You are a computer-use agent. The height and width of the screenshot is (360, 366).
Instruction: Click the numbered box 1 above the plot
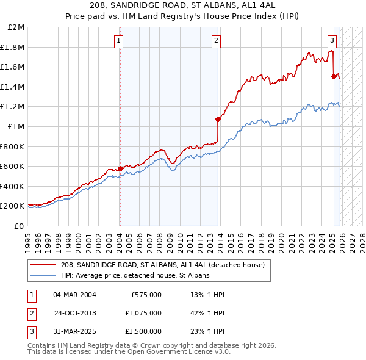click(118, 41)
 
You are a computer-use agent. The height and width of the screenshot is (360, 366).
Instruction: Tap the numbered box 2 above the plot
click(216, 41)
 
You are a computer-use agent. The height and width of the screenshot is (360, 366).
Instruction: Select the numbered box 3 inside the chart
click(331, 41)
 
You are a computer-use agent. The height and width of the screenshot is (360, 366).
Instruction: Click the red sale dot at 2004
click(120, 168)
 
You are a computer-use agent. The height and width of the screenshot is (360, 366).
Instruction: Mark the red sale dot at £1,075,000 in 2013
click(218, 119)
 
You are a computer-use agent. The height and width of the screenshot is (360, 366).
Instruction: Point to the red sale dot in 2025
click(334, 76)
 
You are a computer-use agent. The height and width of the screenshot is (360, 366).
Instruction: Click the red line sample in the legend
click(44, 265)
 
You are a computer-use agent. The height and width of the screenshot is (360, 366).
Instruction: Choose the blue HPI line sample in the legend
click(44, 276)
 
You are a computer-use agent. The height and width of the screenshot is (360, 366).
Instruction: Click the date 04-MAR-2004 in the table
click(74, 295)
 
